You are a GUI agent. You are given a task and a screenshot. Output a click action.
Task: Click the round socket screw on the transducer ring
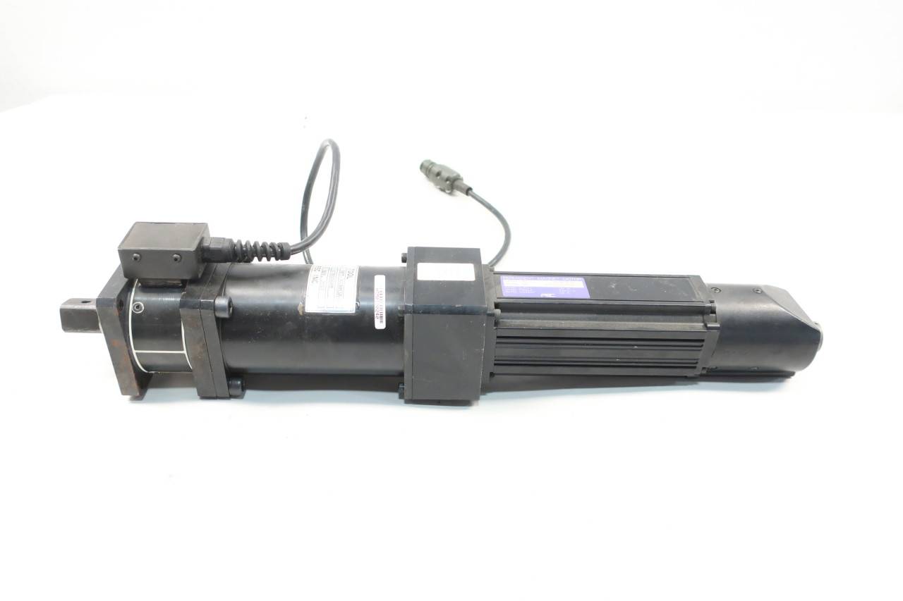tap(138, 307)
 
